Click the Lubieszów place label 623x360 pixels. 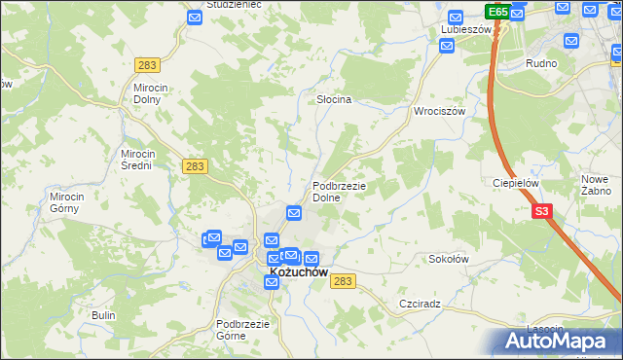point(463,29)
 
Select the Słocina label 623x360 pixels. point(334,99)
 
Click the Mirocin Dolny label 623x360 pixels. point(151,92)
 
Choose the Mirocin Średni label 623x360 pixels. point(136,160)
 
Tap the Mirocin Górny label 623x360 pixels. point(68,201)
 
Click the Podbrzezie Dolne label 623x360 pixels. point(338,191)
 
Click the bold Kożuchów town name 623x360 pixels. point(298,274)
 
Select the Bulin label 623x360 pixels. point(103,315)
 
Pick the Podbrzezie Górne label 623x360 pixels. point(242,330)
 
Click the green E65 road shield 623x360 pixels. point(497,11)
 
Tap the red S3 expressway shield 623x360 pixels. point(541,210)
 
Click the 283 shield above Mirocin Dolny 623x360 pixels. point(148,64)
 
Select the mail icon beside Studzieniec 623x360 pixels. point(195,18)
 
